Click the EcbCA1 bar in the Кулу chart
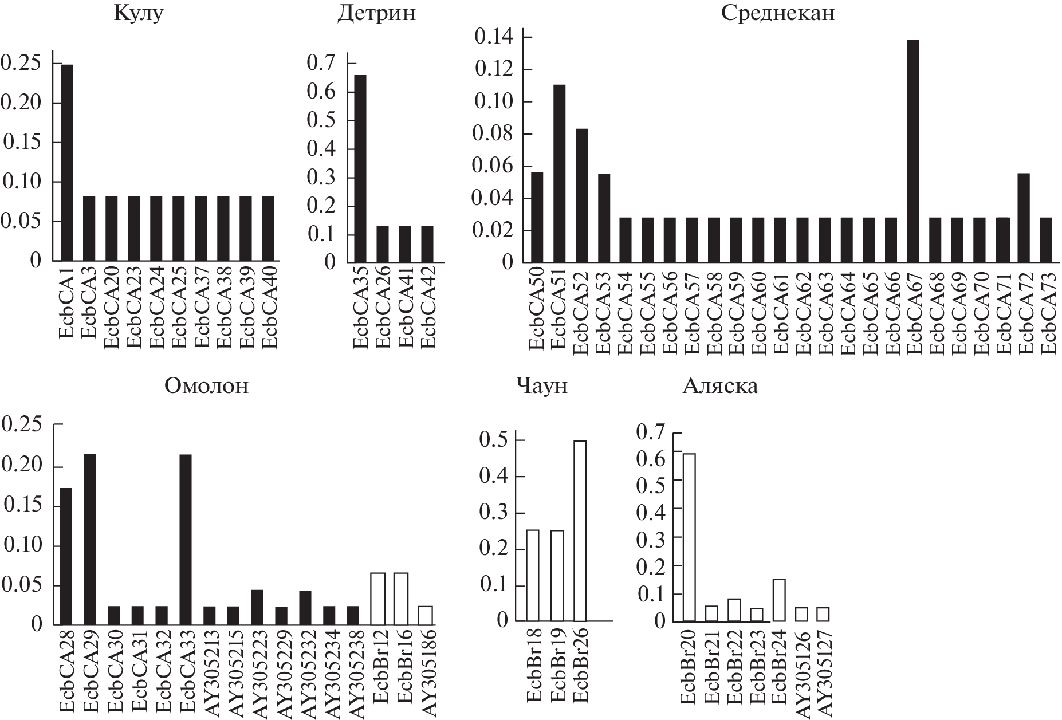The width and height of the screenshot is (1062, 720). click(66, 163)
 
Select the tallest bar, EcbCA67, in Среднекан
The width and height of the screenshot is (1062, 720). click(913, 151)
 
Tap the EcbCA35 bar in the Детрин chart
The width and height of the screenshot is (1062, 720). click(360, 169)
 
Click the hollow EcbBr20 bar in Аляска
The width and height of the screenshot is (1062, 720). click(688, 537)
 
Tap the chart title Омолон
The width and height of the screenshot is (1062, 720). click(206, 386)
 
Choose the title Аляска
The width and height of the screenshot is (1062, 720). click(719, 386)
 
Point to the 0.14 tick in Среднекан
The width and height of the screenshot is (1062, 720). click(493, 38)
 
